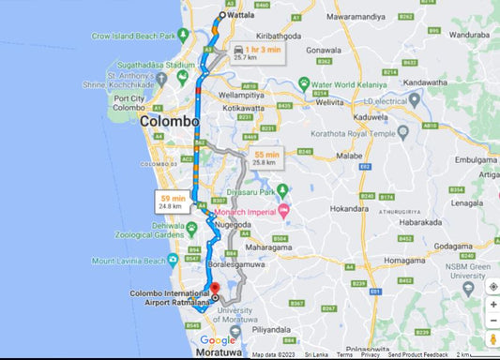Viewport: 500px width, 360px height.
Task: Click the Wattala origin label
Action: pyautogui.click(x=244, y=15)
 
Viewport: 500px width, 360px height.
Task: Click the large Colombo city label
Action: pyautogui.click(x=170, y=122)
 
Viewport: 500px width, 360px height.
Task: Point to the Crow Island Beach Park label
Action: pyautogui.click(x=134, y=36)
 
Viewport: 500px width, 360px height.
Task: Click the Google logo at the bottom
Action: pyautogui.click(x=218, y=341)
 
